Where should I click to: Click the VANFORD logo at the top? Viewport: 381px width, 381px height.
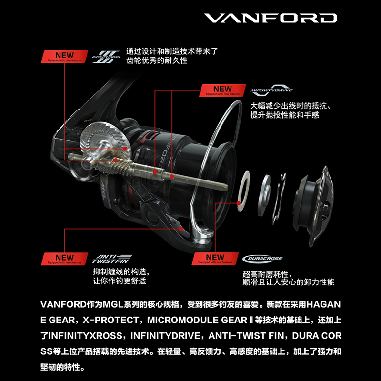pos(271,19)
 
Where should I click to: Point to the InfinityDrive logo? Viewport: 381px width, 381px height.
pos(271,90)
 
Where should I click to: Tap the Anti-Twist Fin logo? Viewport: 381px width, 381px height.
pos(107,259)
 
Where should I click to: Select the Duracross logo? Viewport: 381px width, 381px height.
pos(262,259)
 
